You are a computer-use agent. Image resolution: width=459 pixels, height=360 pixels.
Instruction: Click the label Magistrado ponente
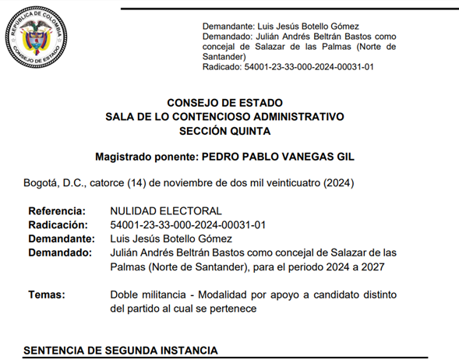145,157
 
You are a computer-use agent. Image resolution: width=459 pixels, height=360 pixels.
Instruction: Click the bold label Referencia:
56,211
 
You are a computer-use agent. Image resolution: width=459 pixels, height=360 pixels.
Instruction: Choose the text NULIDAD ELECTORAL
166,211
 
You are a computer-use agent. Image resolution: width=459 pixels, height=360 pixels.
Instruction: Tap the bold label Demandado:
59,252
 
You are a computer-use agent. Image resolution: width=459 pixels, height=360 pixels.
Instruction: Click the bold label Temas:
47,295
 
